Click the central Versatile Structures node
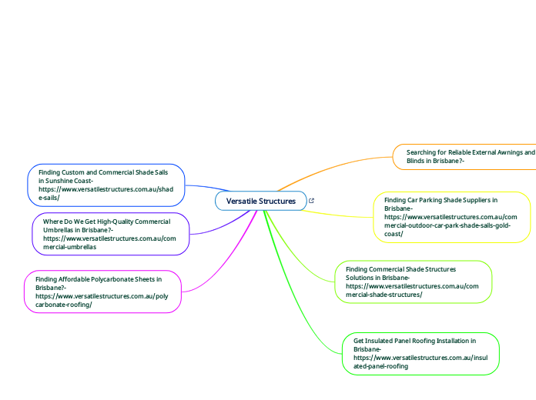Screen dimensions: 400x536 tap(260, 201)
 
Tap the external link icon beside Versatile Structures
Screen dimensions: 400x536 tap(310, 201)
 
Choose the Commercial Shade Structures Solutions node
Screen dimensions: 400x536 tap(413, 282)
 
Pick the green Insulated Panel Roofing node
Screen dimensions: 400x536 tap(420, 353)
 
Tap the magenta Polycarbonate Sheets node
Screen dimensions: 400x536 tap(102, 292)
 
